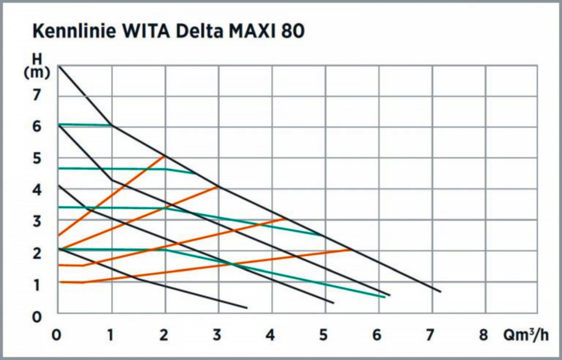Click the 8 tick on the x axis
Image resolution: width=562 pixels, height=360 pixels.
[483, 336]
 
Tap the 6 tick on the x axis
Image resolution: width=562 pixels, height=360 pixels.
[377, 336]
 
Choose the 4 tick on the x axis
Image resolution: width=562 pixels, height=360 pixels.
[270, 336]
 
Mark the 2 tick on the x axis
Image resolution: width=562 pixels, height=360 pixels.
[163, 336]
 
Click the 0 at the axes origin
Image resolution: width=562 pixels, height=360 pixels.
[57, 336]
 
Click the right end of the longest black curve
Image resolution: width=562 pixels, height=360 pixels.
[440, 292]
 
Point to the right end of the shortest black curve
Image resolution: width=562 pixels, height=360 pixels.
[247, 308]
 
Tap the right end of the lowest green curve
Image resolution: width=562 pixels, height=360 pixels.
[385, 297]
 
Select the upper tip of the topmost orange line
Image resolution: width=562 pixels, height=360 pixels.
[165, 156]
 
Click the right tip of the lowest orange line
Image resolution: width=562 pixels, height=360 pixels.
[351, 250]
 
